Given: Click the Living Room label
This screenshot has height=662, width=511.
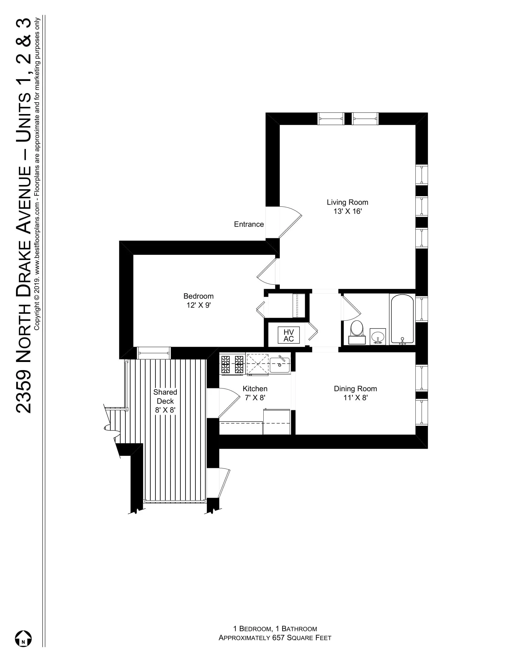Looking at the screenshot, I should (347, 202).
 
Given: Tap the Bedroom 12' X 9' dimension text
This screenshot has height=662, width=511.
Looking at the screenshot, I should (199, 305).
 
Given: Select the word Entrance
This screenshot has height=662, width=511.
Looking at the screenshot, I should (249, 224).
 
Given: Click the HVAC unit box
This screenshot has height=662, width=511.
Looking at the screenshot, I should (289, 335).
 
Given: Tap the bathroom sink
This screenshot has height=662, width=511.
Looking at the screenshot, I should (378, 336).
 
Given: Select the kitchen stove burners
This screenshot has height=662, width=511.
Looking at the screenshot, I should (232, 364).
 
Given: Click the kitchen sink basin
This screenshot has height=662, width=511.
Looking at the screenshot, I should (280, 365).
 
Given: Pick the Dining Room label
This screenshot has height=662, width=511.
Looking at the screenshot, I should (355, 388).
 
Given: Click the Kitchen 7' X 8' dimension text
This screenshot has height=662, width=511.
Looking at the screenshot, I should (255, 398).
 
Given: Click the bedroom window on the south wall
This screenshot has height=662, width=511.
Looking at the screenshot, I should (154, 353).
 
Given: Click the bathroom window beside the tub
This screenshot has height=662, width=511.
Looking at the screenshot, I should (421, 309).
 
